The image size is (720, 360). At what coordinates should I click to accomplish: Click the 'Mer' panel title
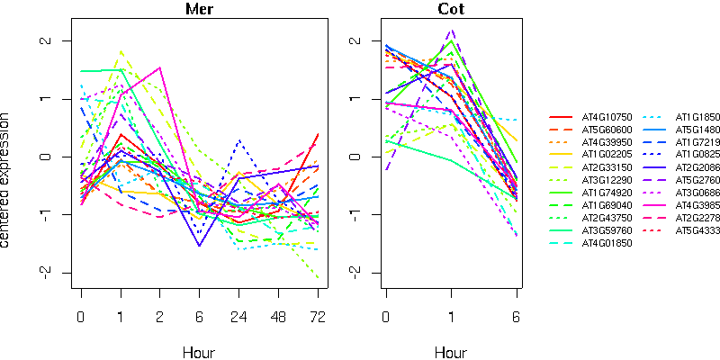(200, 10)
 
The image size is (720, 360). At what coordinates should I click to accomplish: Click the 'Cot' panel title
(451, 10)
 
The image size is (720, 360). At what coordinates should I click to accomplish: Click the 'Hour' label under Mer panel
(199, 352)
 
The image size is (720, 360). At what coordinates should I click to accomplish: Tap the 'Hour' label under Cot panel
(451, 352)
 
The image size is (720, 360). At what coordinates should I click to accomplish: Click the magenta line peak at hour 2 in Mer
(160, 67)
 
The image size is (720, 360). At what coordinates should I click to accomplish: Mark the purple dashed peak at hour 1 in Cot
(451, 30)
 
